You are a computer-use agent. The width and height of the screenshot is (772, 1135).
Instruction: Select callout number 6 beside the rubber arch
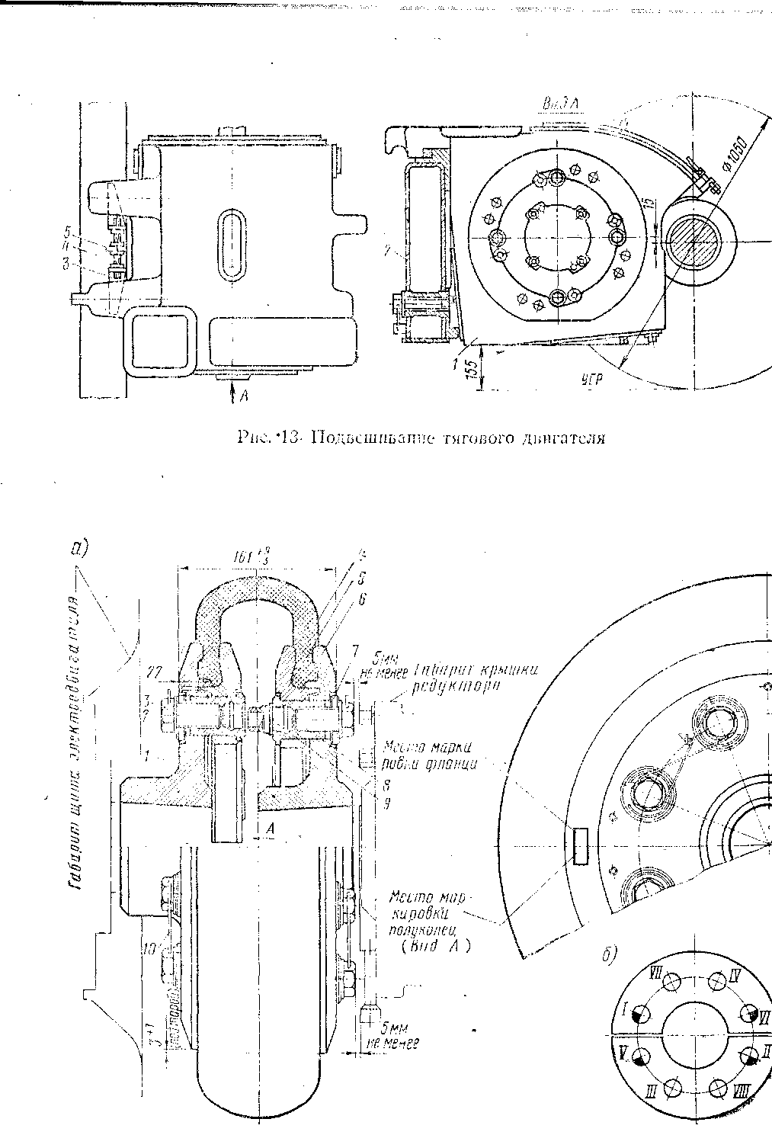coord(361,600)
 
